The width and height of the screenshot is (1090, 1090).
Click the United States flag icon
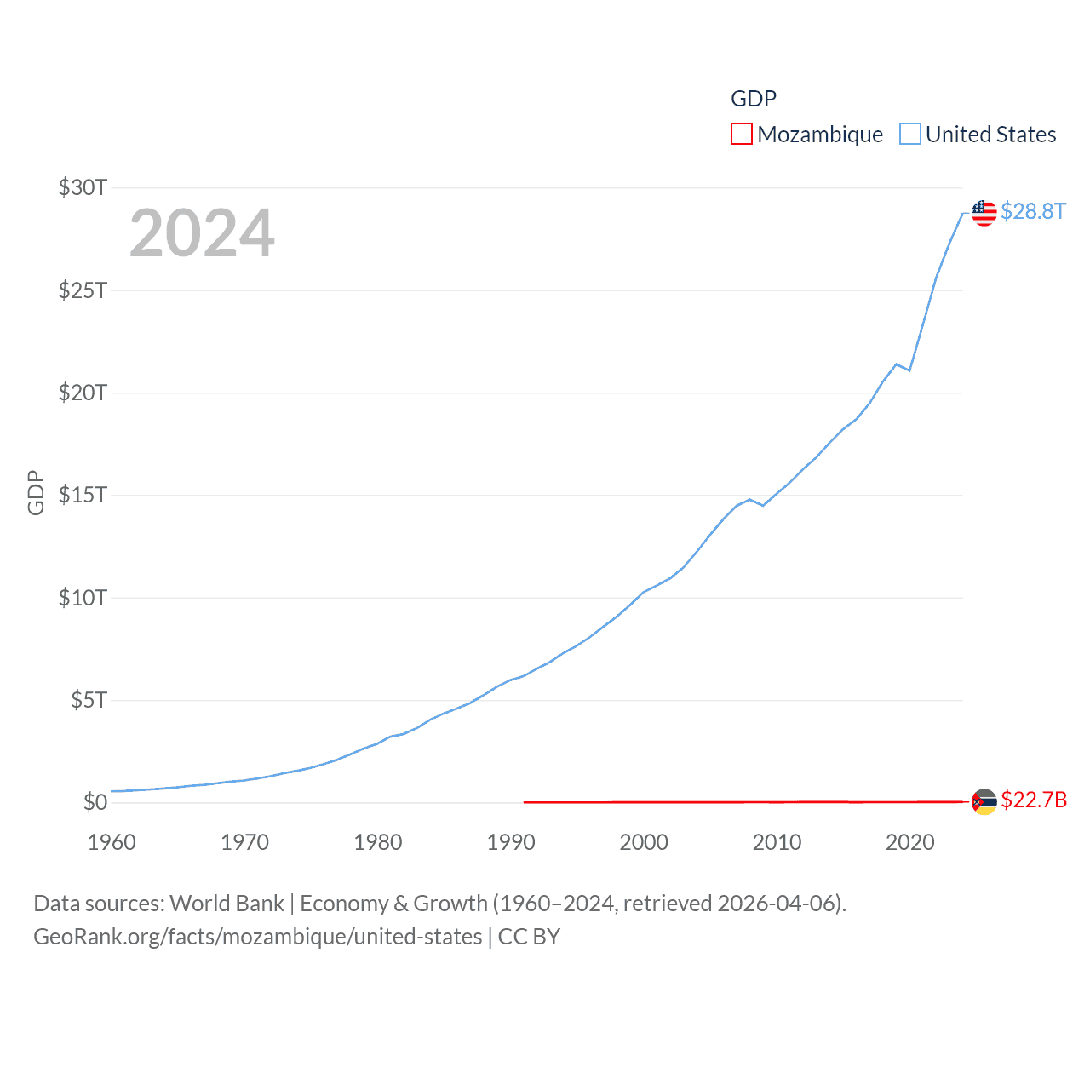[x=984, y=212]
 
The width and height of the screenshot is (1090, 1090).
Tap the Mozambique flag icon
[x=984, y=801]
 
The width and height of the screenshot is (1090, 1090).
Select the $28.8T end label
[x=1033, y=211]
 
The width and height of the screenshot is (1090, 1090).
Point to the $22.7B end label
[x=1034, y=800]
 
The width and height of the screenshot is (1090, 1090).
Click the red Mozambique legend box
[x=742, y=135]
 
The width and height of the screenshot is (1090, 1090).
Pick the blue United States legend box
[x=910, y=135]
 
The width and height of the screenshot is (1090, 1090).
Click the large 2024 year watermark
[x=202, y=232]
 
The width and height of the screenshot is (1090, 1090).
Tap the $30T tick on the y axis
[x=83, y=187]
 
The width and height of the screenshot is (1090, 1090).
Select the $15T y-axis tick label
[x=83, y=495]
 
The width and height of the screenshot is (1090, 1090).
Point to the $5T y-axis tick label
[x=89, y=700]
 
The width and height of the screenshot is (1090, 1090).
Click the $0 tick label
[x=95, y=802]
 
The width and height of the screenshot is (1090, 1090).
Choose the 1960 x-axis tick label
[x=112, y=842]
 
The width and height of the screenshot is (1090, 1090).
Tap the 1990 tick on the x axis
[x=511, y=842]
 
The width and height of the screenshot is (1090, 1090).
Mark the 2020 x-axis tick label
[x=910, y=842]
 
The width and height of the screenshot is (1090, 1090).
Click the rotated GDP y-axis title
[x=36, y=492]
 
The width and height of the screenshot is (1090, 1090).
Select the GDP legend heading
[x=754, y=99]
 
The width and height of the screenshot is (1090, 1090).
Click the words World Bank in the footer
[x=227, y=903]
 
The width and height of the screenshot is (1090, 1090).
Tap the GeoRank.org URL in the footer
[x=258, y=937]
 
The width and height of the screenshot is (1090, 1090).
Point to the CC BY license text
[x=529, y=937]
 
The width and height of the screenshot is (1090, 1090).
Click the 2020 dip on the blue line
[x=909, y=370]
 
